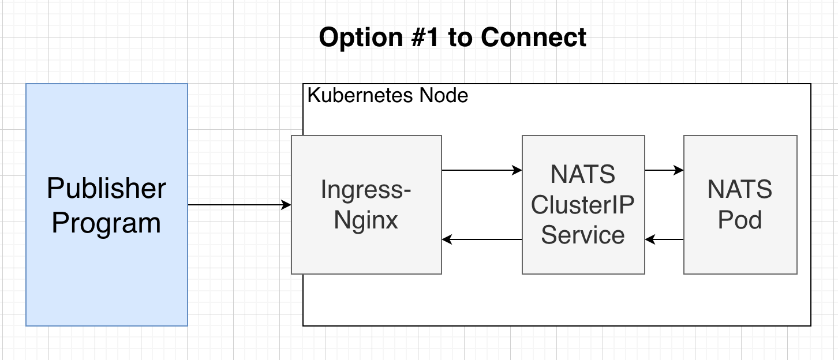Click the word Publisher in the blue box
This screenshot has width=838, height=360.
coord(106,189)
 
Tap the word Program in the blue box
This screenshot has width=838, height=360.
coord(106,223)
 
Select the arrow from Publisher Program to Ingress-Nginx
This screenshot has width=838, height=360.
coord(239,205)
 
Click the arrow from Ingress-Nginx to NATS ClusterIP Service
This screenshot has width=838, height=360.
coord(481,170)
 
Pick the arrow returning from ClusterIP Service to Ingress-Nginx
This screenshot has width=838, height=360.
coord(481,239)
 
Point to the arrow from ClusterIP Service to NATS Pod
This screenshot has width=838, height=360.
coord(664,170)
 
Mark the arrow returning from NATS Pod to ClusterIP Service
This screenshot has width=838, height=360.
coord(664,239)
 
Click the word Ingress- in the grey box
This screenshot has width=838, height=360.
coord(366,190)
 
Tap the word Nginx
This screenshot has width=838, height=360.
coord(366,220)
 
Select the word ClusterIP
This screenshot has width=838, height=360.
coord(583,205)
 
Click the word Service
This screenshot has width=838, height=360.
coord(583,235)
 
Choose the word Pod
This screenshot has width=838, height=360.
coord(740,220)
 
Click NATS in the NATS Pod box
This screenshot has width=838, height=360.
coord(740,190)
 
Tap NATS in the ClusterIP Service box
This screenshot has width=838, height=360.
coord(583,174)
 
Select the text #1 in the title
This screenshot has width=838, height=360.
coord(429,38)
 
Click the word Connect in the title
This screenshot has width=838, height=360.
coord(534,38)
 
